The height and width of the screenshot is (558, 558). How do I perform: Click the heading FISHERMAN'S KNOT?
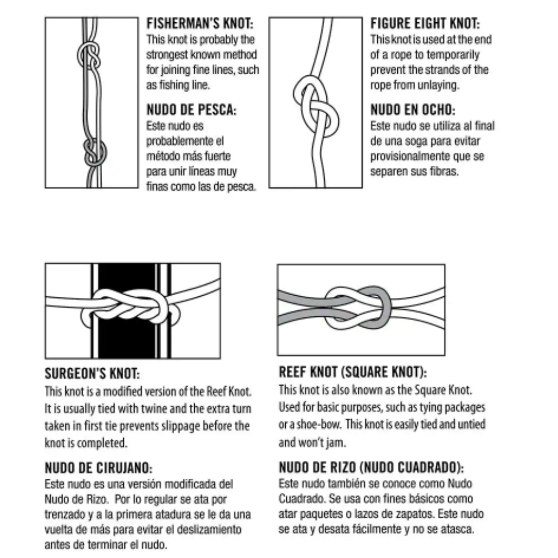click(x=200, y=23)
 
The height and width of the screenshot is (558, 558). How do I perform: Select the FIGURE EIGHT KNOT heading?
click(x=425, y=23)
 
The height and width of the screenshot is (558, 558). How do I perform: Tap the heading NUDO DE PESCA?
click(x=191, y=109)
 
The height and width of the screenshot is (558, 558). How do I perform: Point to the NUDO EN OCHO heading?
click(x=413, y=109)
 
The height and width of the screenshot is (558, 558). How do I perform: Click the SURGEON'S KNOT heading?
click(x=92, y=374)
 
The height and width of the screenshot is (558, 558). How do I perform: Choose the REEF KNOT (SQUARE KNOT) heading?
click(x=353, y=372)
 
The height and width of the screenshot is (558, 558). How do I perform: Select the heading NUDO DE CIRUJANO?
click(x=98, y=468)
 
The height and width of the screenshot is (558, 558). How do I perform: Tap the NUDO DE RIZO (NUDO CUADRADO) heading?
click(x=371, y=467)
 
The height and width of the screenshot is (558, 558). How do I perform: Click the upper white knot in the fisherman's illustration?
click(x=89, y=56)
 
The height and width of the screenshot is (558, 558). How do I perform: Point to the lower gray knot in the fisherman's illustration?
click(x=95, y=152)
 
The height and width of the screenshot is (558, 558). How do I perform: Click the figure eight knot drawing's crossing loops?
click(x=316, y=107)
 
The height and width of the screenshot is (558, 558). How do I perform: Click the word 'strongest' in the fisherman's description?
click(x=167, y=55)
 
